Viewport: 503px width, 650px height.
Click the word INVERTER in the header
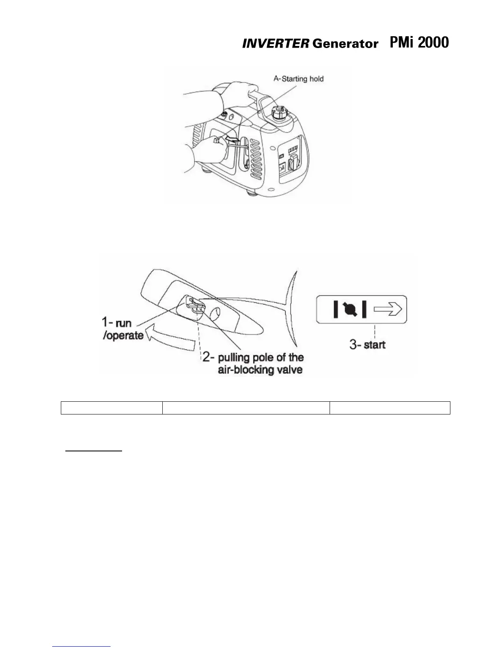pyautogui.click(x=275, y=44)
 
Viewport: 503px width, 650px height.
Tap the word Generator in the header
pyautogui.click(x=345, y=44)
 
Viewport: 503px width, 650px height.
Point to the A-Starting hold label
pyautogui.click(x=299, y=78)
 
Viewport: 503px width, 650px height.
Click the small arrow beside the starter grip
pyautogui.click(x=233, y=142)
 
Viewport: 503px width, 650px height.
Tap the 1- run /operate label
pyautogui.click(x=122, y=329)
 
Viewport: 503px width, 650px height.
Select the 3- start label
pyautogui.click(x=367, y=344)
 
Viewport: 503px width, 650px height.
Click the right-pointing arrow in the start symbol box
pyautogui.click(x=388, y=310)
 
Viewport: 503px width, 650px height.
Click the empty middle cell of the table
pyautogui.click(x=246, y=408)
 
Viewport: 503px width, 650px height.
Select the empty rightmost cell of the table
pyautogui.click(x=390, y=408)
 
